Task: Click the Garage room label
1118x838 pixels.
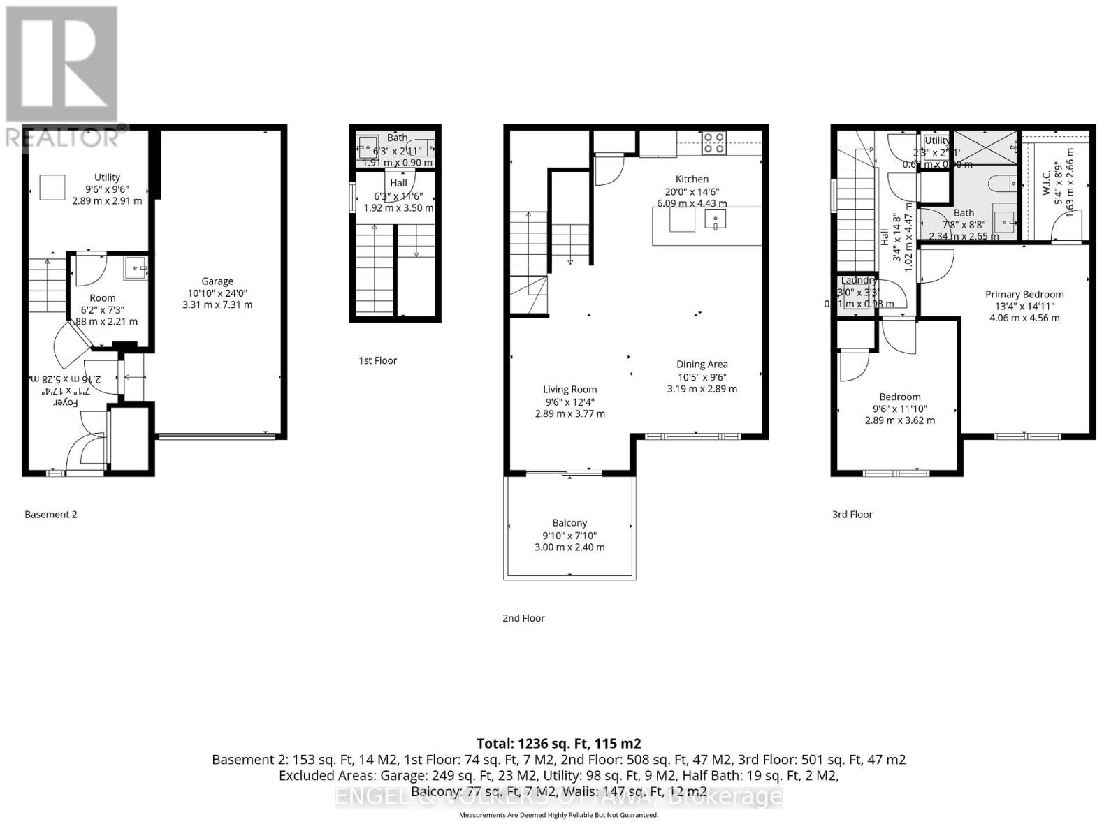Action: pos(217,281)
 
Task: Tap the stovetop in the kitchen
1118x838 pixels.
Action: pos(713,142)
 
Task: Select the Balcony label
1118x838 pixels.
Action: pos(569,522)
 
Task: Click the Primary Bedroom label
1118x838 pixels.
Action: pos(1024,295)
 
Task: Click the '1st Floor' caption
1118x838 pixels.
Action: pos(377,360)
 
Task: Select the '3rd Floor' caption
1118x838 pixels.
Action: pos(852,514)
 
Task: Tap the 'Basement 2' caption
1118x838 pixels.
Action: pos(50,514)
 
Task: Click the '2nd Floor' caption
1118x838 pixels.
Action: pos(523,617)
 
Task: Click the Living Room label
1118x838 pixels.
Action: pos(570,390)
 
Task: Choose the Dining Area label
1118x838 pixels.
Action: pos(702,364)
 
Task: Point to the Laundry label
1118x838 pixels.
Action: pos(858,280)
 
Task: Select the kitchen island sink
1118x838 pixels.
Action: pos(715,220)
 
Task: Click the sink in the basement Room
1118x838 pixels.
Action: pos(136,268)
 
